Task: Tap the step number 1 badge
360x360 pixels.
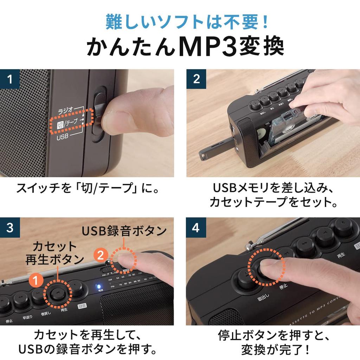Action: [x=9, y=79]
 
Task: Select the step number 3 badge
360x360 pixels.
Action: [x=9, y=227]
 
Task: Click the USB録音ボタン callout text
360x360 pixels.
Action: [x=124, y=231]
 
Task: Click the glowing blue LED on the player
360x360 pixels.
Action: [x=99, y=285]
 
